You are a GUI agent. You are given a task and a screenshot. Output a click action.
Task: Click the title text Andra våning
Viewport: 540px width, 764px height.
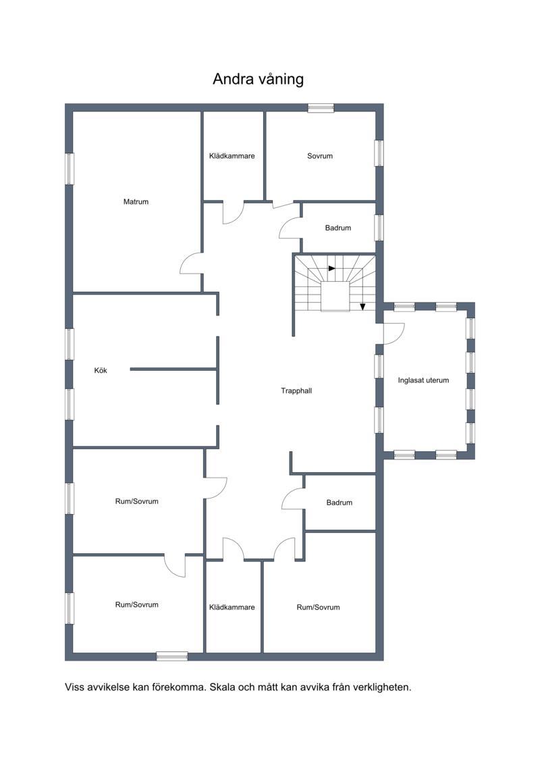[x=258, y=80]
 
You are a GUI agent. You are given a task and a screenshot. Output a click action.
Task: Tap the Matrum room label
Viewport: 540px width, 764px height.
[x=136, y=202]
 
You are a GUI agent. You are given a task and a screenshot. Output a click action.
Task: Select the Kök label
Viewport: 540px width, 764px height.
[x=101, y=370]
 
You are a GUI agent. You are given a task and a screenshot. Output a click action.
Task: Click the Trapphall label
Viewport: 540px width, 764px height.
[x=296, y=390]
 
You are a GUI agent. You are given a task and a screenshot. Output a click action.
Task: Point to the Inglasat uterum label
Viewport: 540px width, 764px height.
[x=423, y=380]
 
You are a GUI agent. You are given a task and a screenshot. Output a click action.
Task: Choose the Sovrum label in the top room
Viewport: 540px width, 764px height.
[x=320, y=156]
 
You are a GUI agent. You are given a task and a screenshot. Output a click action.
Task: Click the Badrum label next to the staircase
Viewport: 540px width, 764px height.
[x=338, y=228]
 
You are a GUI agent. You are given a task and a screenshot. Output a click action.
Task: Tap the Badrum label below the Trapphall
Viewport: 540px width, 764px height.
[x=340, y=503]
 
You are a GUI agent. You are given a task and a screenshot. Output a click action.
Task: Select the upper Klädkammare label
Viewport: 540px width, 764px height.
[x=232, y=156]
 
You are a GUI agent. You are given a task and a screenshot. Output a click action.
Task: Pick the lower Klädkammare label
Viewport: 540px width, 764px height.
[x=232, y=607]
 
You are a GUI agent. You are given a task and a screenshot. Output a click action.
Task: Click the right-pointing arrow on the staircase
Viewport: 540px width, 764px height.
[x=331, y=268]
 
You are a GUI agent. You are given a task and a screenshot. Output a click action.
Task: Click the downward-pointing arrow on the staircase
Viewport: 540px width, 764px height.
[x=362, y=307]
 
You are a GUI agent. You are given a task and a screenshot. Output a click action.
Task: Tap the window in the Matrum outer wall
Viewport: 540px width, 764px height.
[x=70, y=169]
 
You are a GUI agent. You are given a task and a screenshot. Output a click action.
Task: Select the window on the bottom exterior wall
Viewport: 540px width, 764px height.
[x=172, y=657]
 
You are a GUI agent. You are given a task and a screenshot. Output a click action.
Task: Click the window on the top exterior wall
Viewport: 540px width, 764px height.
[x=321, y=108]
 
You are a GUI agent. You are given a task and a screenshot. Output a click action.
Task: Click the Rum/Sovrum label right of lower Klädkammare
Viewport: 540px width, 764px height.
[x=318, y=607]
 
